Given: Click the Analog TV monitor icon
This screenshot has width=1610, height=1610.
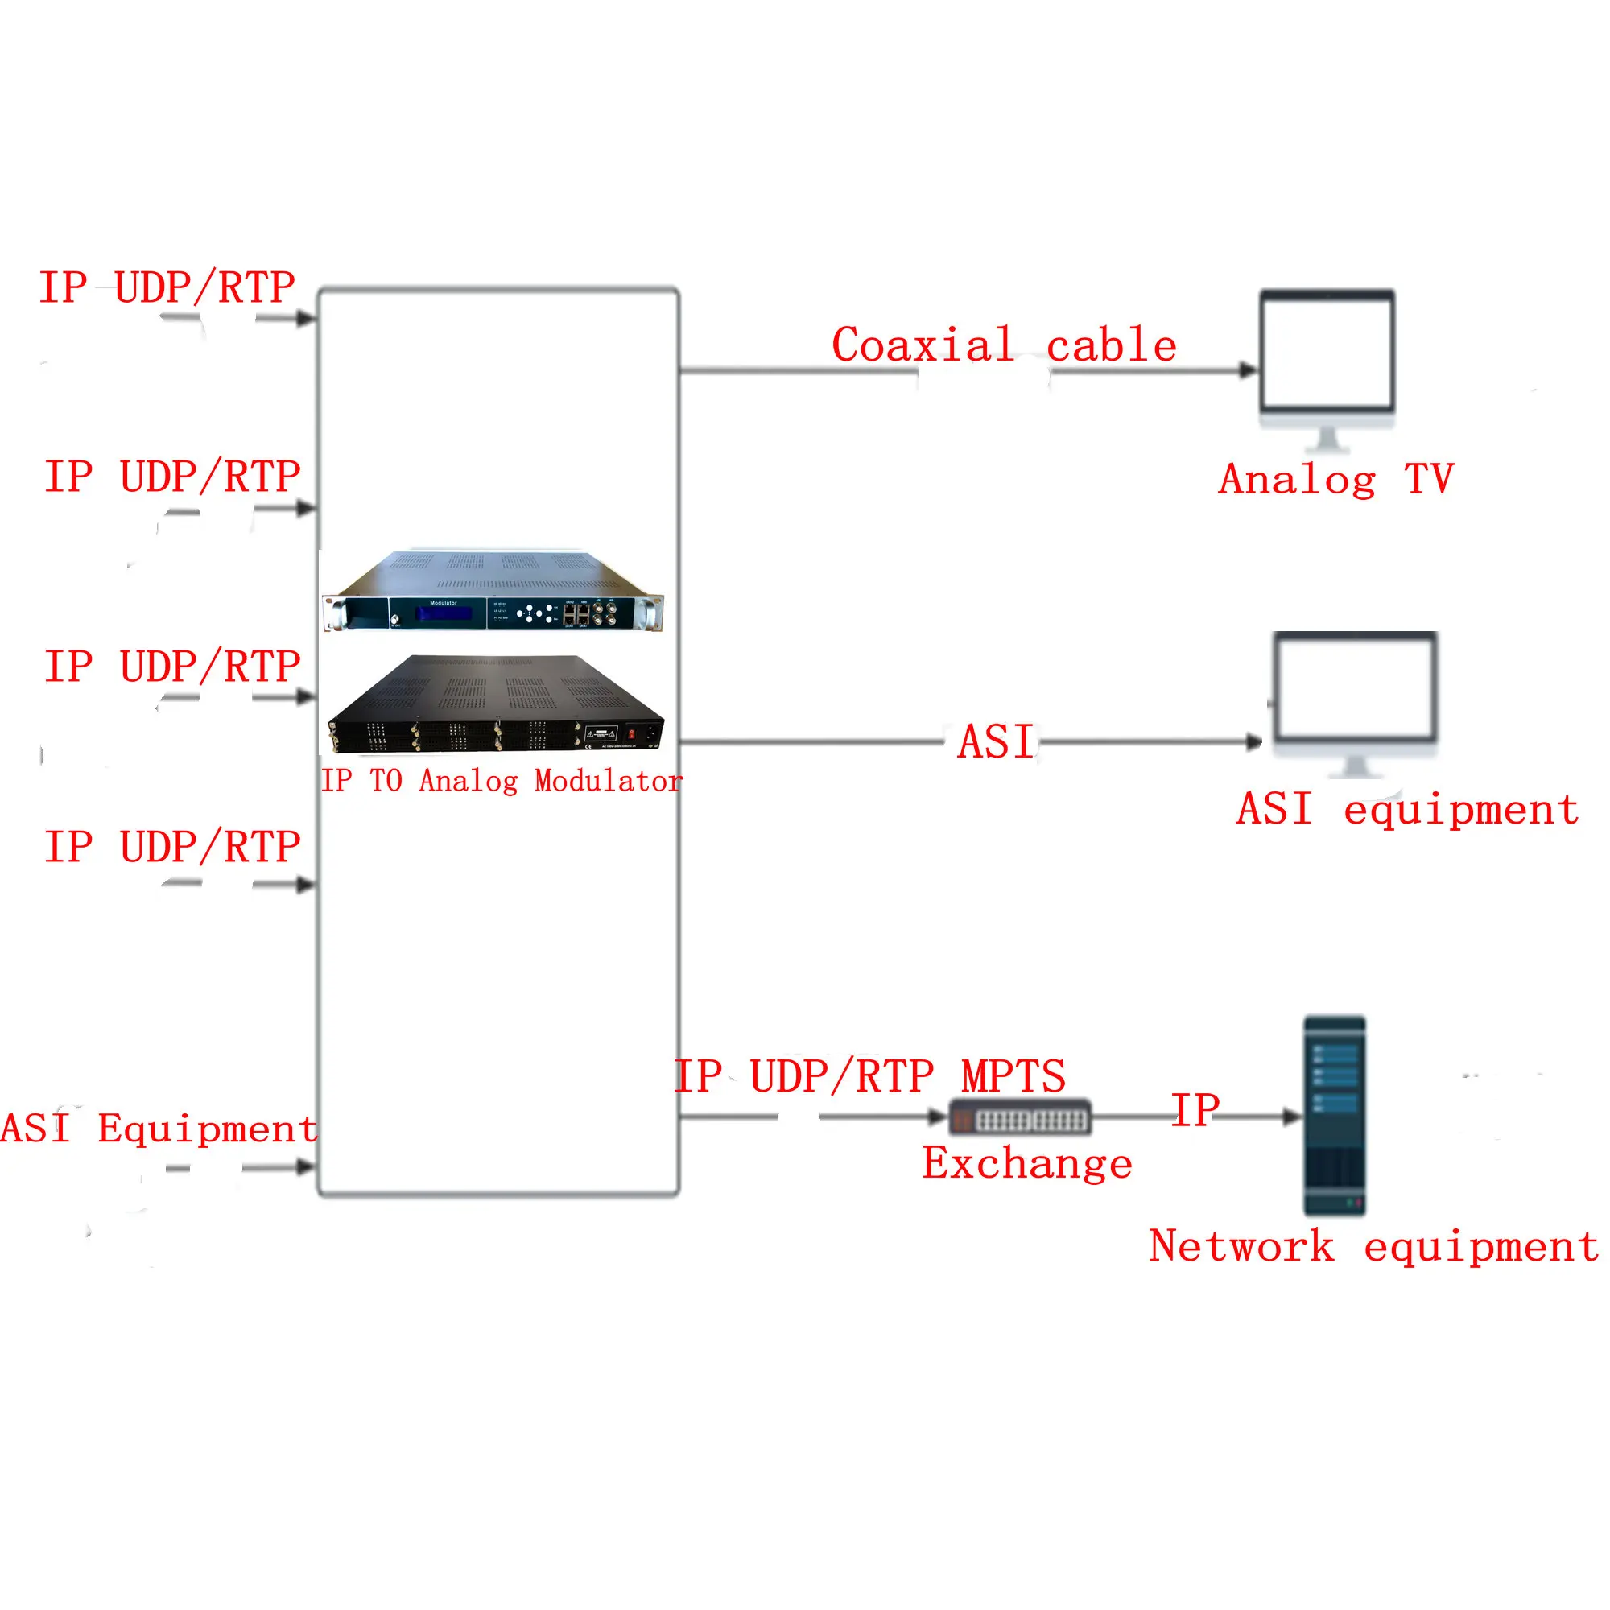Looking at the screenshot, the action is click(1327, 360).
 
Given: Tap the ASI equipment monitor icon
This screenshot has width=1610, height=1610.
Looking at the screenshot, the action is click(1356, 696).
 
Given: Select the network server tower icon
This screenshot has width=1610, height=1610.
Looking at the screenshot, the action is click(1334, 1115).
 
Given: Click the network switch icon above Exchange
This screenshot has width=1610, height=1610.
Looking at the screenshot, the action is click(1020, 1118).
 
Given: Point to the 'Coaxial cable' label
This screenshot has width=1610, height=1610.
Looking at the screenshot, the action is click(1004, 345).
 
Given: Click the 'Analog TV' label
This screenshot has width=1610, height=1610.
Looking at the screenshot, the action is click(1335, 479).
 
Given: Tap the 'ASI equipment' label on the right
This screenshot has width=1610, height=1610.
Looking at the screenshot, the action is click(1407, 809).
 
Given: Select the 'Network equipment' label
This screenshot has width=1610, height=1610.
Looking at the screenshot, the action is click(1373, 1247).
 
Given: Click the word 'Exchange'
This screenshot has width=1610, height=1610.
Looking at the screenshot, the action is click(1026, 1163).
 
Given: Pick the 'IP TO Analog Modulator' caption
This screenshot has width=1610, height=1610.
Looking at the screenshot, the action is click(502, 781).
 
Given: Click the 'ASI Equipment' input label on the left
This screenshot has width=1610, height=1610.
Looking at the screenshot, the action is click(159, 1129).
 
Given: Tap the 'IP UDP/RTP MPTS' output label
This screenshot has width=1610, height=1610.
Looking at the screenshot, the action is click(869, 1075).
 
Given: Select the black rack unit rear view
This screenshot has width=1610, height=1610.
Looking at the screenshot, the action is click(497, 705).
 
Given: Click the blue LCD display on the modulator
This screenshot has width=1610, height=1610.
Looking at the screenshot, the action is click(444, 614).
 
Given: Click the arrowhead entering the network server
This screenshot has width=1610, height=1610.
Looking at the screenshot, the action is click(1292, 1117).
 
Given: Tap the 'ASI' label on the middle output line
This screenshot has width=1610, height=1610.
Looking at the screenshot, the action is click(996, 741).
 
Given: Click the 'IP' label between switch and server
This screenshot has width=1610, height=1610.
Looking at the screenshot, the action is click(1195, 1110).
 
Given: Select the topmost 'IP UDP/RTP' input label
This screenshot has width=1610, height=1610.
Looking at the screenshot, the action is click(167, 287).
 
